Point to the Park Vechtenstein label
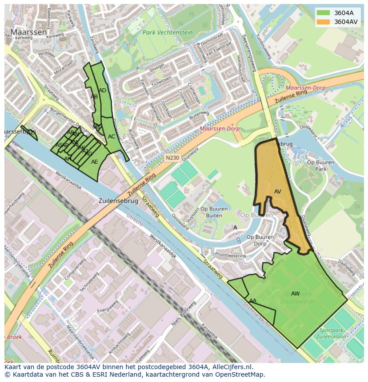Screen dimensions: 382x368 (x=168, y=33)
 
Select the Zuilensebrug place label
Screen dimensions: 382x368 (x=118, y=201)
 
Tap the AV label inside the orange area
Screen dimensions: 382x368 (x=278, y=192)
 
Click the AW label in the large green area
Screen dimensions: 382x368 (x=295, y=293)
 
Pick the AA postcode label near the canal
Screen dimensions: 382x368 (x=253, y=301)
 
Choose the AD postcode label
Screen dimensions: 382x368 (x=102, y=91)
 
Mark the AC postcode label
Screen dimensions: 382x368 (x=112, y=137)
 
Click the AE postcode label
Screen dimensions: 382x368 (x=94, y=162)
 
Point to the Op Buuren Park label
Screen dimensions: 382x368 (x=320, y=165)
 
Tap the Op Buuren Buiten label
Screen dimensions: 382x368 (x=212, y=212)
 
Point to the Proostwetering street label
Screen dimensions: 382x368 (x=230, y=255)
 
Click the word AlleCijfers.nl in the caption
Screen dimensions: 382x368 (x=231, y=367)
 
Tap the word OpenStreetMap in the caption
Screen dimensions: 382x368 (x=243, y=374)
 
